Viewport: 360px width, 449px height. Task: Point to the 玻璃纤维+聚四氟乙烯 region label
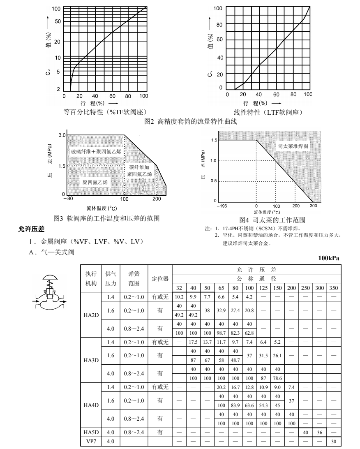coord(96,152)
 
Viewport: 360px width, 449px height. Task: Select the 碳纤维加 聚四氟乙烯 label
coord(139,171)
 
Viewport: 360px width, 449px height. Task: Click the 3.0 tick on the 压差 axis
coord(62,135)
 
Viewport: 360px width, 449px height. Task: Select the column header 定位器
coord(160,278)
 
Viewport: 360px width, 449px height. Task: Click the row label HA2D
coord(91,315)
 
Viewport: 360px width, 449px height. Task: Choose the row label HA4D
coord(91,405)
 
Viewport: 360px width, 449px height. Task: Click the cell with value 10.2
coord(179,296)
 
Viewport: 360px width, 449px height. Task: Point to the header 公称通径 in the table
coord(256,278)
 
